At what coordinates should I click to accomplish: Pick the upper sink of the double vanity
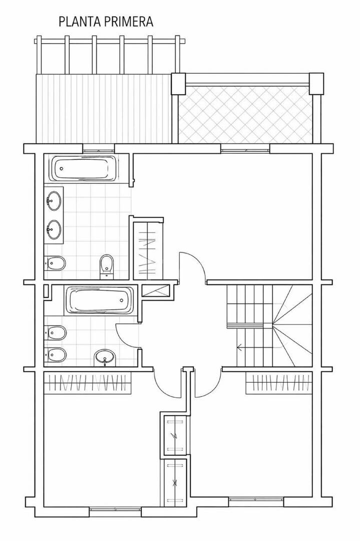(53, 201)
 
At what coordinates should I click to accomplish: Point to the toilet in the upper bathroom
(107, 266)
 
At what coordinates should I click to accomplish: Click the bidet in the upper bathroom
(55, 264)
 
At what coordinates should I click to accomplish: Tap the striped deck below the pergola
(104, 108)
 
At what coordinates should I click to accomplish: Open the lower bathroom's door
(128, 337)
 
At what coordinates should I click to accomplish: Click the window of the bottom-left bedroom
(116, 509)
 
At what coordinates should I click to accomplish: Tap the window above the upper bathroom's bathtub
(99, 149)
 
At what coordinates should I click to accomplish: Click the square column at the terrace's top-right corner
(316, 83)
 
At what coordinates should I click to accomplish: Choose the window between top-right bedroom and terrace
(245, 149)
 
